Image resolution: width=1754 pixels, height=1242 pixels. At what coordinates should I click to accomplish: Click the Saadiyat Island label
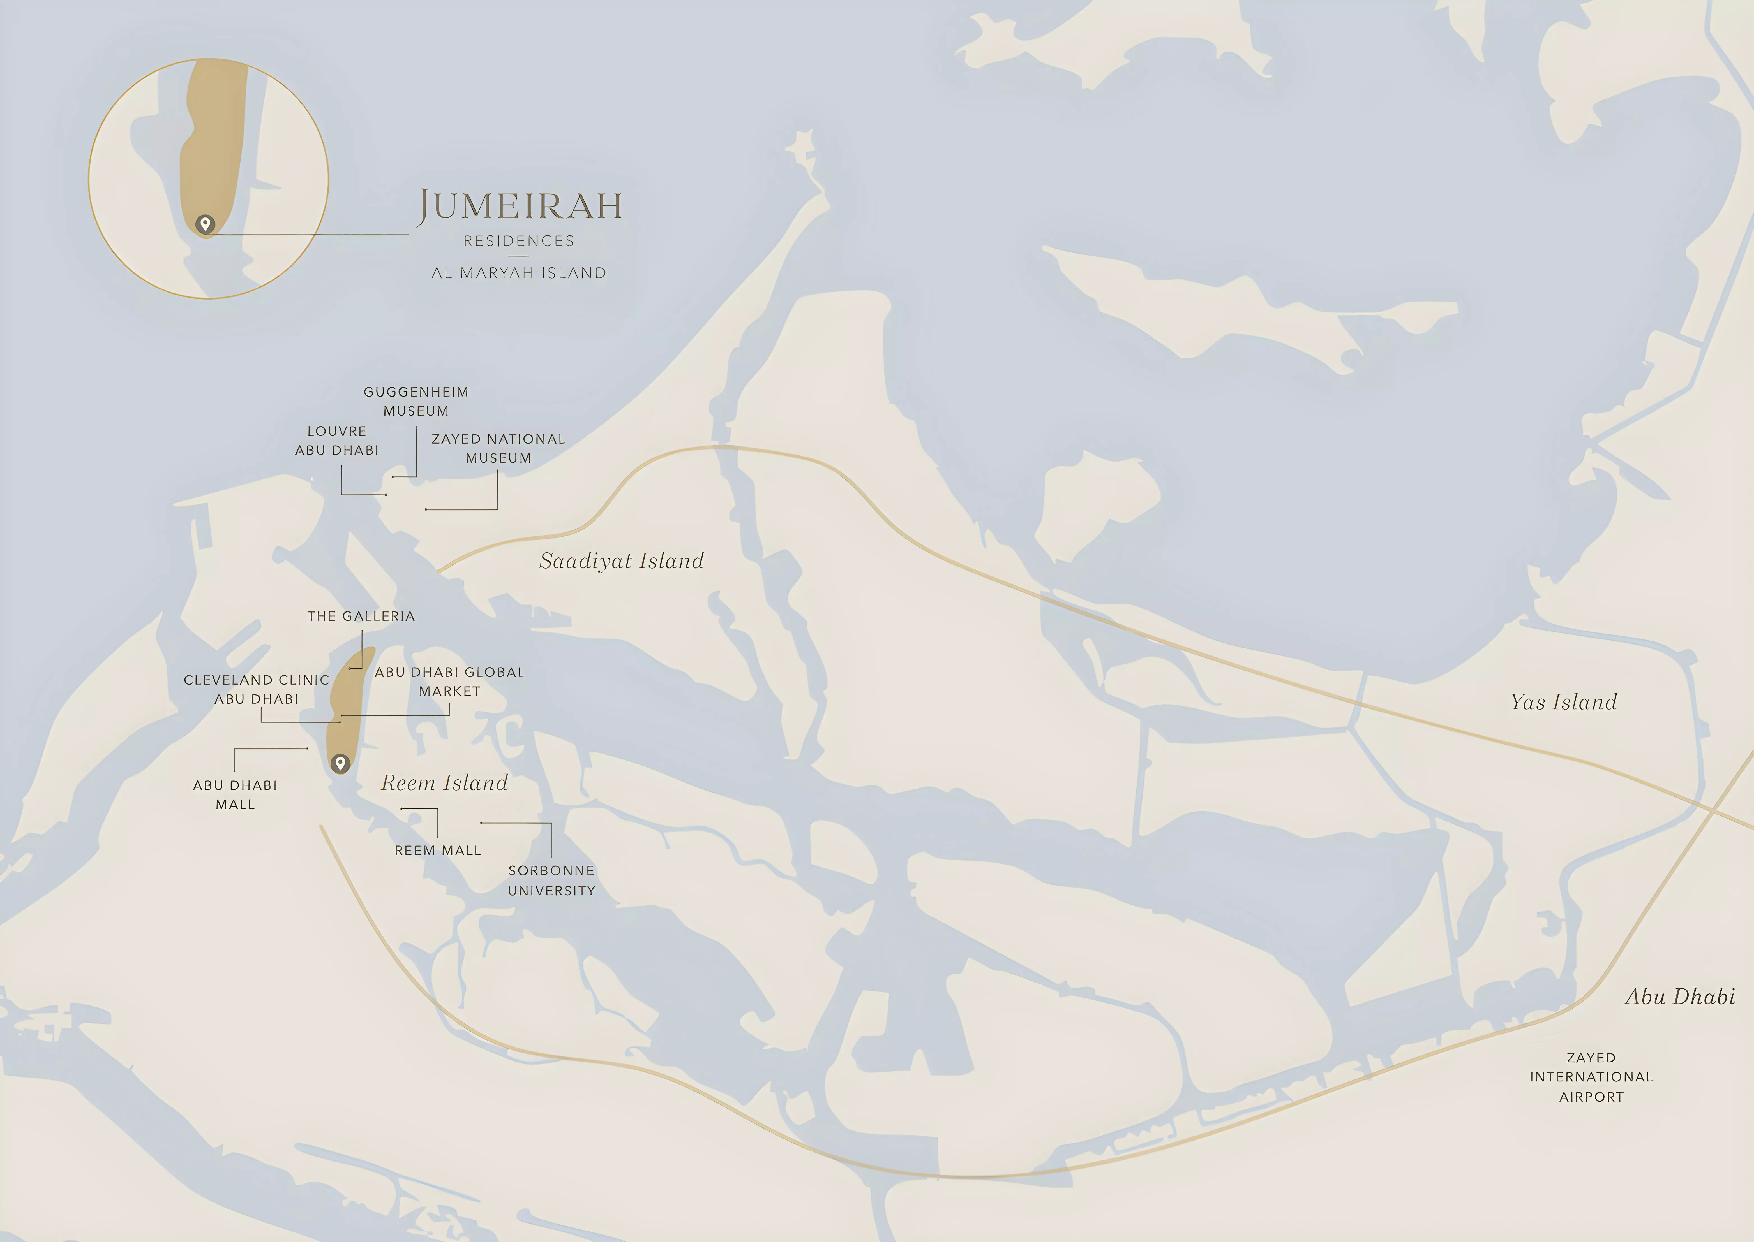click(x=621, y=561)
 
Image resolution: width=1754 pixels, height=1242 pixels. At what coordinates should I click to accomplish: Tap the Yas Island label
click(x=1564, y=702)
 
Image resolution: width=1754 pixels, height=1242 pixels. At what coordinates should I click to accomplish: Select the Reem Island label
click(x=444, y=783)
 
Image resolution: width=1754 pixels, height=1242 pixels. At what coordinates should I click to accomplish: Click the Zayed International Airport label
click(x=1591, y=1077)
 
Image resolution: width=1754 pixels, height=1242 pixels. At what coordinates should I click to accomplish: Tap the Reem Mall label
click(x=438, y=851)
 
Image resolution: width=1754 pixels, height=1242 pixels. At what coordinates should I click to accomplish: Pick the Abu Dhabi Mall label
click(x=235, y=794)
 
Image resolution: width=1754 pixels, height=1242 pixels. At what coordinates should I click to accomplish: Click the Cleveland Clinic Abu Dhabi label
click(x=256, y=689)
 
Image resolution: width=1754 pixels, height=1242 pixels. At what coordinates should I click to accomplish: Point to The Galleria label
click(x=361, y=617)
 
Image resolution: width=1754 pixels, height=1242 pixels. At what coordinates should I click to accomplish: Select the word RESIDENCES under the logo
click(x=519, y=241)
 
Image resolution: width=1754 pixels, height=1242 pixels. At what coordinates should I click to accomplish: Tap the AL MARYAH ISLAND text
click(x=519, y=273)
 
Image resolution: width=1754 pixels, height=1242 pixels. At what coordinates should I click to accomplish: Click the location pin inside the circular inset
click(x=205, y=224)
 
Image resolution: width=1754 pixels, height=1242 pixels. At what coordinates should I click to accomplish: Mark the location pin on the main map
click(x=340, y=763)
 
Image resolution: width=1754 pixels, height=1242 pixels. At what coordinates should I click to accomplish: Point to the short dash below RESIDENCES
click(x=519, y=256)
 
